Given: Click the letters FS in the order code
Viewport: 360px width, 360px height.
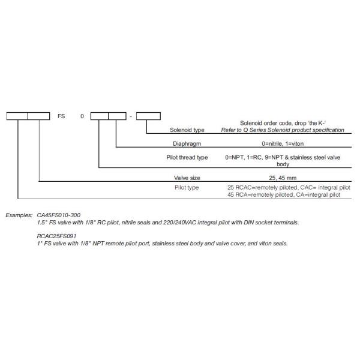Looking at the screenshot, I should point(61,116).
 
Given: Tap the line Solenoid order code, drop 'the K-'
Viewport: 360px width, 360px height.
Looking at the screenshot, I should point(288,122).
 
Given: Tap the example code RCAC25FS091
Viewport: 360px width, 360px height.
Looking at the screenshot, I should point(59,236).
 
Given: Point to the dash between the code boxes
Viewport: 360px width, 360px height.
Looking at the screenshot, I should point(131,116).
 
